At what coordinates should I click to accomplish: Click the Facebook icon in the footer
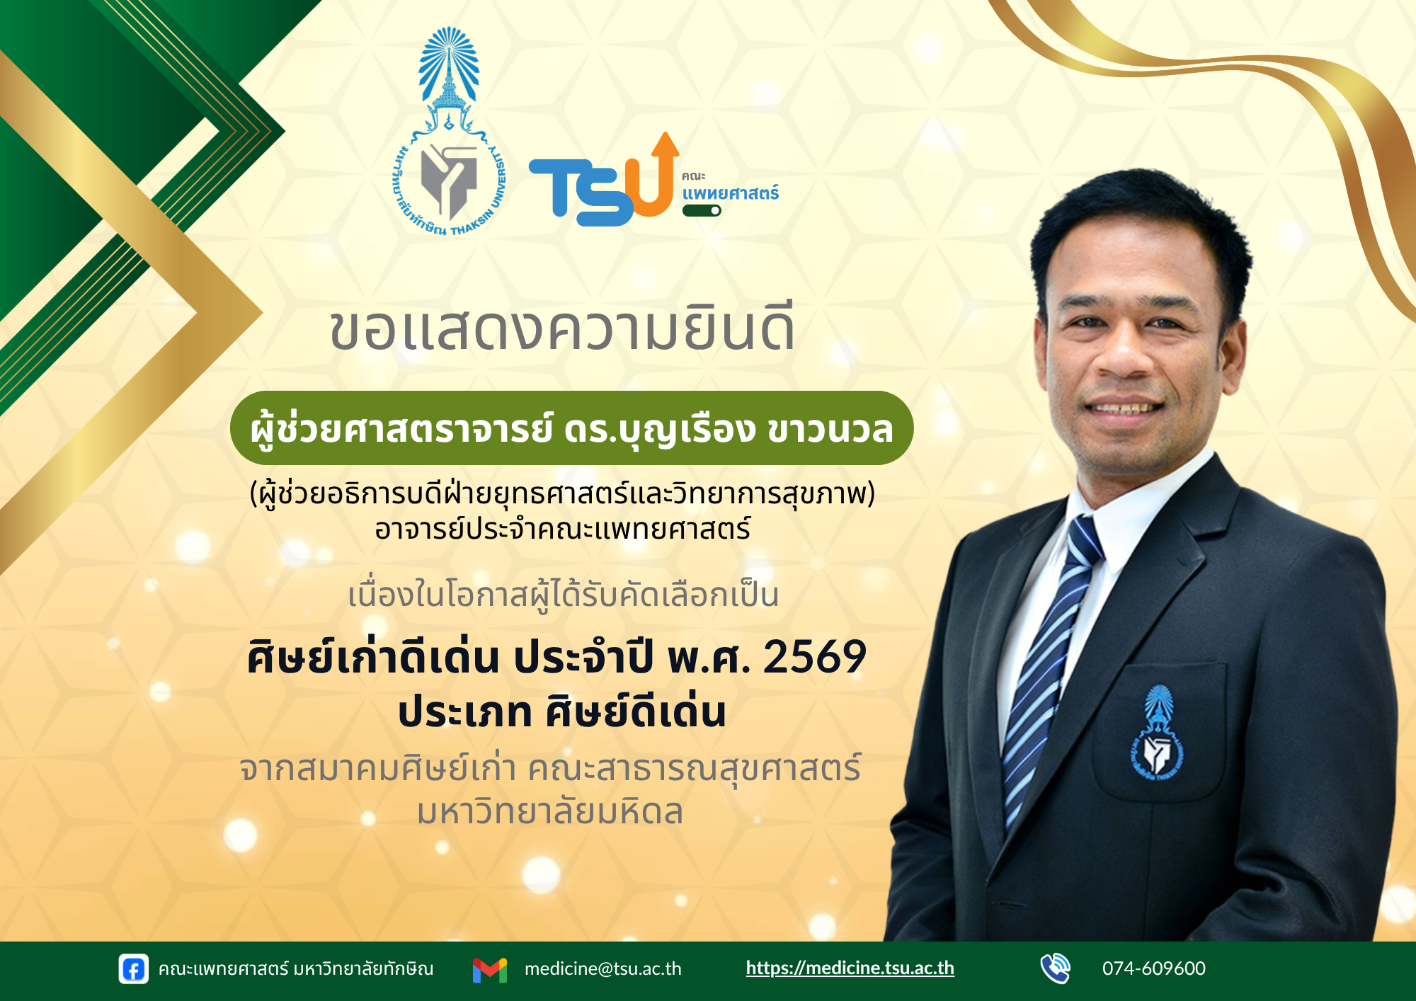coord(133,969)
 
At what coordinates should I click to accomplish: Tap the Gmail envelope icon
coord(490,970)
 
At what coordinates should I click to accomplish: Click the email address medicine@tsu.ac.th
coord(603,968)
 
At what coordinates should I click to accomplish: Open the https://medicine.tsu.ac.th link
coord(850,968)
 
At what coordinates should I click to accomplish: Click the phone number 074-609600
coord(1153,968)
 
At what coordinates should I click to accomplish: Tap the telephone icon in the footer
coord(1055,968)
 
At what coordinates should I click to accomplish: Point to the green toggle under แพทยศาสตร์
coord(702,210)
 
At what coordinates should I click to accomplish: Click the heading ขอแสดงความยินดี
coord(562,329)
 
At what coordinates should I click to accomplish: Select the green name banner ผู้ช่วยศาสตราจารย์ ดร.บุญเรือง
coord(571,428)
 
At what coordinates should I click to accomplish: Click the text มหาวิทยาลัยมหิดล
coord(550,811)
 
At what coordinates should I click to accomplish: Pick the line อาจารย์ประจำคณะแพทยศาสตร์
coord(563,529)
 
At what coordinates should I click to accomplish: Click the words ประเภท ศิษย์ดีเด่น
coord(562,711)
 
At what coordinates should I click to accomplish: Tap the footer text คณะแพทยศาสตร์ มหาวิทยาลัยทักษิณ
coord(296,968)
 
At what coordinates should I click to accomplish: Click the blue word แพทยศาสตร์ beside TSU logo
coord(730,193)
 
